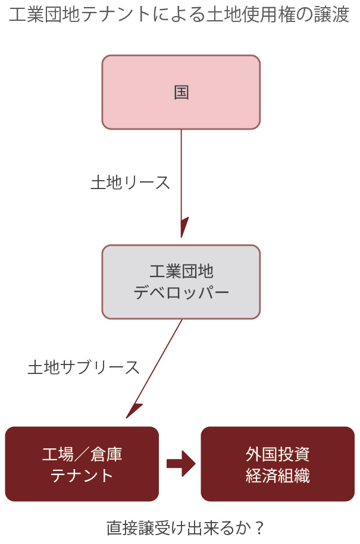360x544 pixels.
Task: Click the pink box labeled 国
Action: click(181, 92)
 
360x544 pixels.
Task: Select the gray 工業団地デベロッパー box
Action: click(181, 282)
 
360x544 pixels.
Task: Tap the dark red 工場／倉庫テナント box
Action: click(82, 464)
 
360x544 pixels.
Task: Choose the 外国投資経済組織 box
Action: click(277, 464)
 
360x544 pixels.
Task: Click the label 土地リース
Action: click(130, 183)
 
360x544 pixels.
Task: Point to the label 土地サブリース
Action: click(84, 367)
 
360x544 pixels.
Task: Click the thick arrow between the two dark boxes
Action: click(181, 464)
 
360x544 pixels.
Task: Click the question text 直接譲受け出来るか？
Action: click(185, 527)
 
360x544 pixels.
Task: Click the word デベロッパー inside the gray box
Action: click(181, 293)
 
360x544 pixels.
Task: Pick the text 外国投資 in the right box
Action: click(277, 454)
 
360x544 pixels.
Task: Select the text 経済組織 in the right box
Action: click(277, 476)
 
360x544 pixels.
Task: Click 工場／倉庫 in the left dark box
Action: click(82, 454)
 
